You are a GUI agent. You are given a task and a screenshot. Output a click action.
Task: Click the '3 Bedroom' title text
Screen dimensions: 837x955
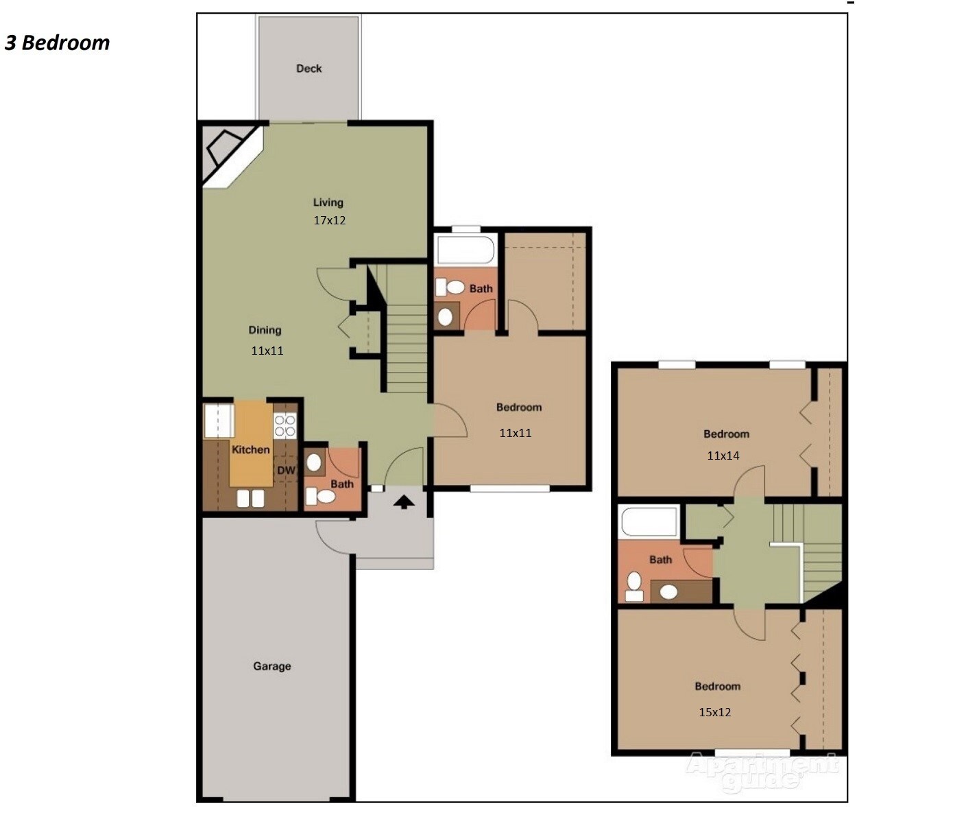point(58,43)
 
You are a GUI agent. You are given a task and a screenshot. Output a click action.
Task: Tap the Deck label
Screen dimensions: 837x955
point(309,69)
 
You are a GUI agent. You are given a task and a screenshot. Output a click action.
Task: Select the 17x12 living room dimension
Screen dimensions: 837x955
point(329,220)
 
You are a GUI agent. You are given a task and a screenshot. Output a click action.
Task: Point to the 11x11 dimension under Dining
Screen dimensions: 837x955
point(267,351)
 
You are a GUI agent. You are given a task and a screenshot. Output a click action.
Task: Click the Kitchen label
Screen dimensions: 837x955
point(250,449)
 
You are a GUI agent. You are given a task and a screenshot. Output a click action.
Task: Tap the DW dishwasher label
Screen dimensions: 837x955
point(286,470)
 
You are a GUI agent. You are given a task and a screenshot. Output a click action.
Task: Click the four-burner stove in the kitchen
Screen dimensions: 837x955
point(285,425)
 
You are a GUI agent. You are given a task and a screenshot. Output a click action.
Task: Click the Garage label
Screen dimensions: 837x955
point(271,666)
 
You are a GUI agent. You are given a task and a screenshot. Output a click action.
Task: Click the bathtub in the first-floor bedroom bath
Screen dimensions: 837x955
point(466,250)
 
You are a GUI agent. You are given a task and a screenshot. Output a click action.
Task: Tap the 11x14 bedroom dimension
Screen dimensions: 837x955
point(723,456)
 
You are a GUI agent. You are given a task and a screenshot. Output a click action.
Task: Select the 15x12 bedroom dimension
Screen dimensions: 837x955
point(714,712)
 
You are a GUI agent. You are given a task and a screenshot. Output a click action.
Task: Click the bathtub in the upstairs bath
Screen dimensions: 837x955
point(649,521)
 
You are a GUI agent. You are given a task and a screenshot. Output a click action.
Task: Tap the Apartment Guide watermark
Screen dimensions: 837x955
point(761,771)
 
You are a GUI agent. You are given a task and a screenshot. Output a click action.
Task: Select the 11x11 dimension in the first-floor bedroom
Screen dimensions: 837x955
point(515,433)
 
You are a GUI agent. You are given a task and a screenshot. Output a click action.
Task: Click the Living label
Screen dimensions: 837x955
point(328,202)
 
